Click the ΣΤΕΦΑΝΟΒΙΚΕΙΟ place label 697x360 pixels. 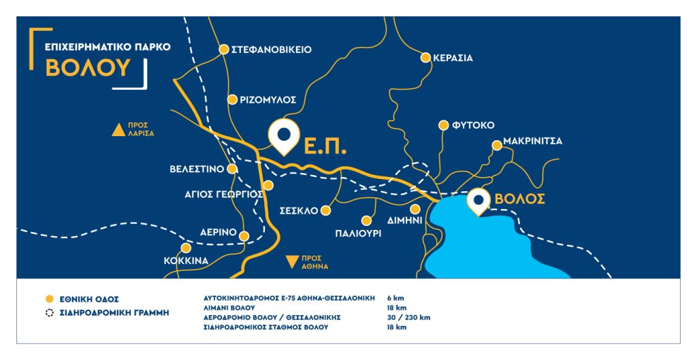[x=272, y=50]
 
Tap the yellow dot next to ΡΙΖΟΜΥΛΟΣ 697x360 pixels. [x=232, y=99]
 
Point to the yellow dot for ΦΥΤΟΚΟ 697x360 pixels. [x=443, y=125]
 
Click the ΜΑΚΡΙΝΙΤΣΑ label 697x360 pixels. [x=533, y=144]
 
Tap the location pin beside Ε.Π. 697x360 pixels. [x=284, y=133]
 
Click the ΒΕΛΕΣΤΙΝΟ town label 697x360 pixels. [x=197, y=169]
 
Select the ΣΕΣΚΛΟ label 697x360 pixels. [x=299, y=211]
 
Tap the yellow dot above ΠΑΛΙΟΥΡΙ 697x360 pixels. [x=366, y=220]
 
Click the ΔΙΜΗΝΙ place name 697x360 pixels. [x=406, y=220]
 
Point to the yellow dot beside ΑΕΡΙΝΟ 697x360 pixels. [x=245, y=236]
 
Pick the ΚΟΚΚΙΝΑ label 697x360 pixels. [x=186, y=261]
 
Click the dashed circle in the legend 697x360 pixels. [x=48, y=313]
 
